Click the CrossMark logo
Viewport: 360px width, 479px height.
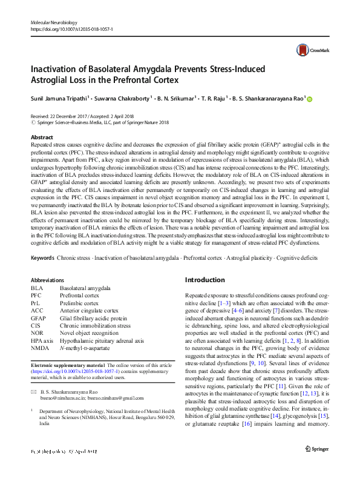click(x=308, y=51)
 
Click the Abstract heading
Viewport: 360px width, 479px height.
click(x=42, y=137)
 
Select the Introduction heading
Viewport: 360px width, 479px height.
click(x=205, y=280)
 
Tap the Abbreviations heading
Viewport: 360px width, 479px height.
click(x=47, y=280)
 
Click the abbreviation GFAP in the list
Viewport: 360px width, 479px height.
click(x=38, y=318)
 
